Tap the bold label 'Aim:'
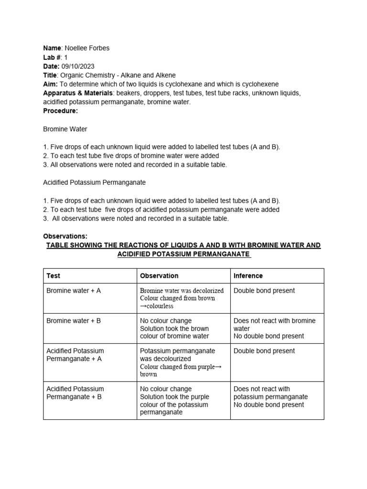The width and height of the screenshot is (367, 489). click(x=50, y=84)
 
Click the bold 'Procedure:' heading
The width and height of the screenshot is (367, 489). click(x=60, y=111)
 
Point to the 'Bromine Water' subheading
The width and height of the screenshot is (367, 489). click(x=65, y=129)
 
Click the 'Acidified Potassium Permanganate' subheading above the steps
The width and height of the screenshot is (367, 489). click(x=94, y=182)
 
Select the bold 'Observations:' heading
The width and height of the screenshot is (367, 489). click(x=65, y=236)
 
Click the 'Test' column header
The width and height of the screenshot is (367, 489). click(x=53, y=276)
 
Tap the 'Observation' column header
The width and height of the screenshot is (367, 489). click(x=159, y=276)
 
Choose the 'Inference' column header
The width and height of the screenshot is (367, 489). click(x=248, y=276)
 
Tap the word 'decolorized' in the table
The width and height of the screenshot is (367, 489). click(x=205, y=290)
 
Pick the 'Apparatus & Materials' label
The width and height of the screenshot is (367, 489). click(x=78, y=93)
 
